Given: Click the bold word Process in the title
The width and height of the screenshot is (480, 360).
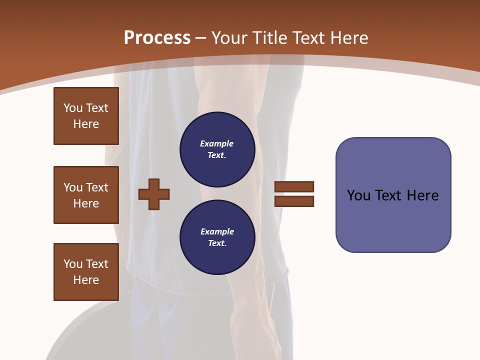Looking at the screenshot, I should (x=157, y=38).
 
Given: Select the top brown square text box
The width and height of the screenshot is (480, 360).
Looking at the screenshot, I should (x=86, y=116).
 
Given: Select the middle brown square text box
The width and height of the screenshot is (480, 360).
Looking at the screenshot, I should (x=86, y=195).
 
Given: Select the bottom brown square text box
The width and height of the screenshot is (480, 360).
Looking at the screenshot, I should (x=86, y=272).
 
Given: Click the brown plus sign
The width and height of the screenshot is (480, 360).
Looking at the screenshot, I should (x=154, y=194).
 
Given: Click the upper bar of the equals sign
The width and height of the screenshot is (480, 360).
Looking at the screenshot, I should (x=294, y=186).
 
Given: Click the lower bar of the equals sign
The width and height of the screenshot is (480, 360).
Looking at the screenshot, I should (x=294, y=201).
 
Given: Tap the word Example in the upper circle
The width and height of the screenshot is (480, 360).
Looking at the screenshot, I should (x=217, y=143).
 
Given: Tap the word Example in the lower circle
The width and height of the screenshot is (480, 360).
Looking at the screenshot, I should (x=217, y=231).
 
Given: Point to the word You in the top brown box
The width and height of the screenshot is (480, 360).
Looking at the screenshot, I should (x=72, y=108).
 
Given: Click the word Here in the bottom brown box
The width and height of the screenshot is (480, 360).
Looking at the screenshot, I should (x=86, y=280).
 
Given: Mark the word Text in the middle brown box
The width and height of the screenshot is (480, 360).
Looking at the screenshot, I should (x=96, y=187).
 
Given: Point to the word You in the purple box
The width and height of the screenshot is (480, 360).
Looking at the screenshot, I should (x=358, y=195).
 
